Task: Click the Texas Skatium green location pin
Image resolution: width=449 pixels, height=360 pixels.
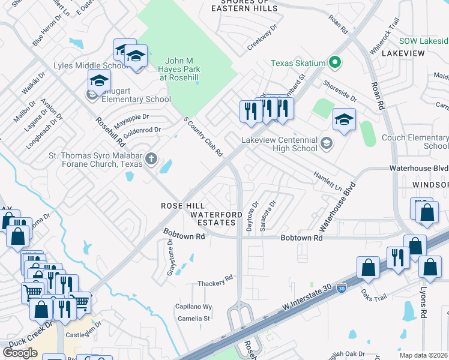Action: coord(335,62)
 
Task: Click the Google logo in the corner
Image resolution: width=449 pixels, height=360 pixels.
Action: coord(20,352)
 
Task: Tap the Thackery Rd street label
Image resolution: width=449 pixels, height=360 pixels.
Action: coord(216,281)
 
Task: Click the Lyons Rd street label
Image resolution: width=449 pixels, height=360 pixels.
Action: coord(423,305)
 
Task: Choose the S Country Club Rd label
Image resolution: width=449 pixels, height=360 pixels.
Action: coord(203,136)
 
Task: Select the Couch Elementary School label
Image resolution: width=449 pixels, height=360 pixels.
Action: coord(415,142)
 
